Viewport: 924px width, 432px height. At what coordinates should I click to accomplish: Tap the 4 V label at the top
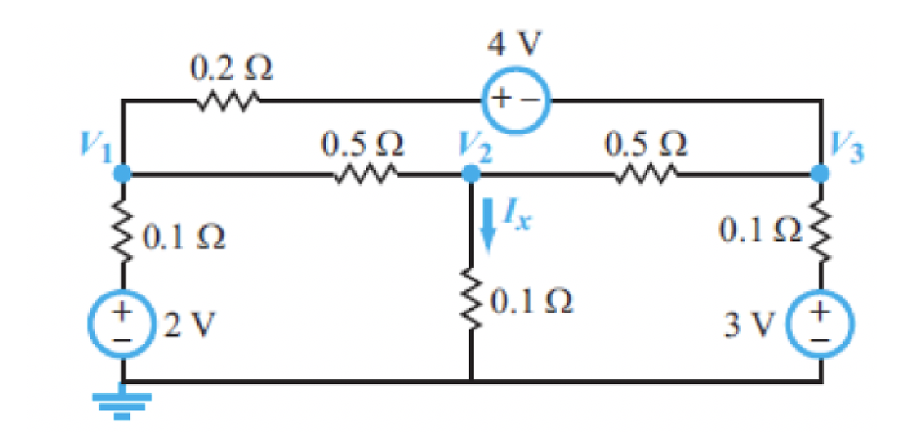coord(517,44)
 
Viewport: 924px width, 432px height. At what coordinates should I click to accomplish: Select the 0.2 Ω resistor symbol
coord(231,100)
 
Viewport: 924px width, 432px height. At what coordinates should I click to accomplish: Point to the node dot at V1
coord(123,173)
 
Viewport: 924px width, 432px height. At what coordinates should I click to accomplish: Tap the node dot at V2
coord(471,173)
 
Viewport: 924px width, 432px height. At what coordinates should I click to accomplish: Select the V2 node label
coord(474,148)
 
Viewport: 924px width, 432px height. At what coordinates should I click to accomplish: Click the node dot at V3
coord(821,173)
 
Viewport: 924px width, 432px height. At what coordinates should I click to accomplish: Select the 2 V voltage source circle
coord(123,323)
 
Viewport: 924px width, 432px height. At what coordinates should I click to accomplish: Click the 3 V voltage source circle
coord(821,323)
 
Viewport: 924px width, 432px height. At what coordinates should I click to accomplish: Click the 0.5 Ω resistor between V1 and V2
coord(364,174)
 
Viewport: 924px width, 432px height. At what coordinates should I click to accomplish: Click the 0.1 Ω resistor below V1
coord(123,235)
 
